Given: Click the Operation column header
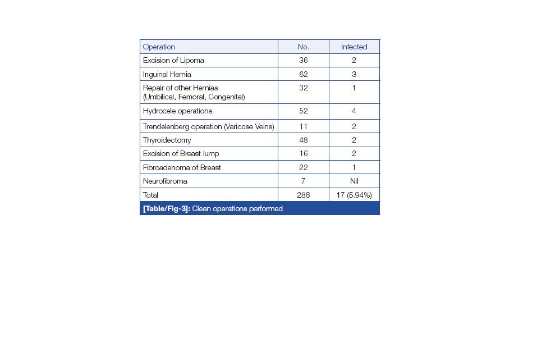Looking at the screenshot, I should click(159, 47).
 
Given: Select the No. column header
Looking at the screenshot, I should click(303, 47).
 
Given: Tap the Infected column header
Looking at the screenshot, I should click(354, 47).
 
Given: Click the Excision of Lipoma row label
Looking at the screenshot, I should click(173, 60).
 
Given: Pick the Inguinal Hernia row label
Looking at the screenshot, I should click(167, 74).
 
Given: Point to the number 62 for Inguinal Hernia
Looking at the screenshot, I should click(303, 74).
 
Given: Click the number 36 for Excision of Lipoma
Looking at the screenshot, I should click(303, 60).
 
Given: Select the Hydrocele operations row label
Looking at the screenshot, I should click(177, 111).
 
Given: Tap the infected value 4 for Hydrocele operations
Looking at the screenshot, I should click(354, 111).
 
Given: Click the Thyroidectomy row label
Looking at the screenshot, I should click(167, 140).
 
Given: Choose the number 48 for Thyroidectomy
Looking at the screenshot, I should click(303, 140).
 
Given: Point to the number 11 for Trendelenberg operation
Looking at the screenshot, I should click(303, 126).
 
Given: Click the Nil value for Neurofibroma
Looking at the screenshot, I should click(354, 181).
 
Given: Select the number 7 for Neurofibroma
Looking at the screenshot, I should click(303, 181).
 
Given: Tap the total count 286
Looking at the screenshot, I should click(303, 195).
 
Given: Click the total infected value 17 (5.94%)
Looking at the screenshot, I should click(354, 195).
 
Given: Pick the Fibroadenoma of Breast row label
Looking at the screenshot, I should click(182, 167).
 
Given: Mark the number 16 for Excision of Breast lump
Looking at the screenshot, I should click(303, 153).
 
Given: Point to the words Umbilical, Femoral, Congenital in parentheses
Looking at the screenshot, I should click(194, 97).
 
